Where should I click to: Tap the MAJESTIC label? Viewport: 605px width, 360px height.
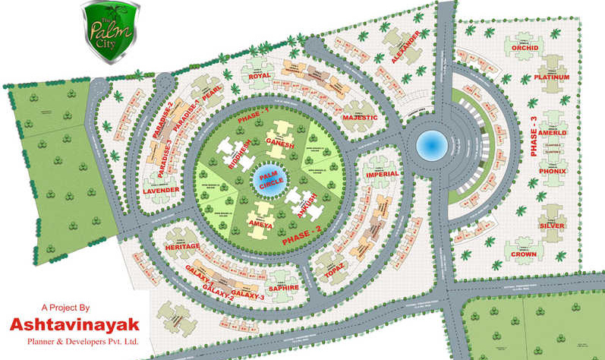coord(359,118)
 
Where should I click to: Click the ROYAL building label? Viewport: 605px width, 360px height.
coord(260,76)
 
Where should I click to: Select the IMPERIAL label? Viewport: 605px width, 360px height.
coord(382,174)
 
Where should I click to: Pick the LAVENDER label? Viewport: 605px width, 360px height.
coord(160,189)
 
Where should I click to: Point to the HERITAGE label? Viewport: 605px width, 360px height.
coord(182,247)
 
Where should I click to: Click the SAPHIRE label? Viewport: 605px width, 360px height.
coord(281,288)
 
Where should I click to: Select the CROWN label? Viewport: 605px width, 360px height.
coord(524,254)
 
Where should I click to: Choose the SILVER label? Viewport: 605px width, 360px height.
coord(553,226)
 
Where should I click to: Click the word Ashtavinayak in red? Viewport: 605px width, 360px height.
coord(74,325)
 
